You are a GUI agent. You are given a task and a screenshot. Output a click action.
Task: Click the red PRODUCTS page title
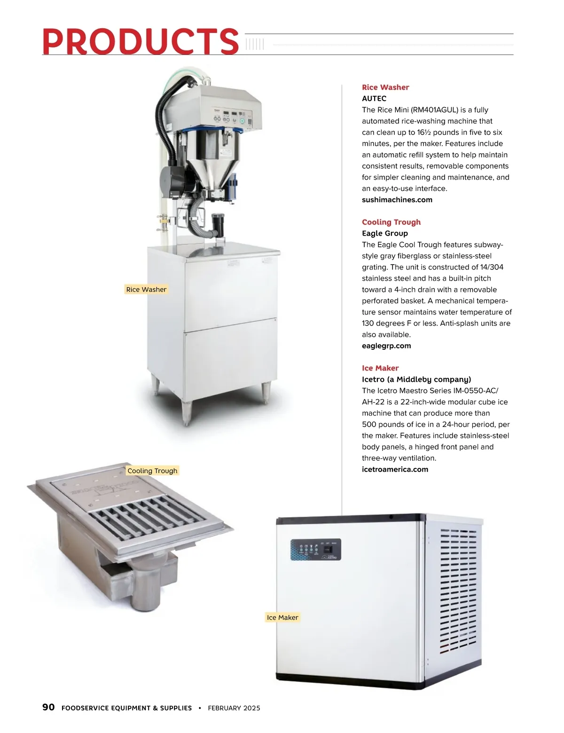140,41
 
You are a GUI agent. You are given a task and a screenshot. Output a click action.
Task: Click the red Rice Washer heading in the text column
385,87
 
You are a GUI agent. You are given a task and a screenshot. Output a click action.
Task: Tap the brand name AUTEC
374,98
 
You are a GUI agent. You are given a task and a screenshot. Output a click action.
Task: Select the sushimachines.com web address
397,200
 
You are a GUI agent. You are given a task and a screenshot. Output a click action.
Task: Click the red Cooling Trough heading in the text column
391,222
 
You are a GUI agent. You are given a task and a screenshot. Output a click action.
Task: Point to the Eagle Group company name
384,233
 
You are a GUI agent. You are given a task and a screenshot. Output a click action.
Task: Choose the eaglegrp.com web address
386,346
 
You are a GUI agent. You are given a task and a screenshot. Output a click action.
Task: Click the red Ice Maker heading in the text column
380,368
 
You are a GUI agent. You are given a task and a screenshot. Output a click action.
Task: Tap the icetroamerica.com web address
395,469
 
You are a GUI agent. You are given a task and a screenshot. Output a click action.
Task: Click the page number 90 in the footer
48,707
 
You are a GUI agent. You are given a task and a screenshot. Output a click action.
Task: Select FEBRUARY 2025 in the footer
234,708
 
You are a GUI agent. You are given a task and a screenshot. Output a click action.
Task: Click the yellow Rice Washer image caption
146,290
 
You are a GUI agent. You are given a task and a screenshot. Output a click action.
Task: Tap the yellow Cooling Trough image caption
152,471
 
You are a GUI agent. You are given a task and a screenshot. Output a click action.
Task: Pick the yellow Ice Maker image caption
282,617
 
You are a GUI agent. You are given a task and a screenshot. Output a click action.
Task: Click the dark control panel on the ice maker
315,550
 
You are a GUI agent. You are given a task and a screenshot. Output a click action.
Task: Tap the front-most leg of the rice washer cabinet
187,413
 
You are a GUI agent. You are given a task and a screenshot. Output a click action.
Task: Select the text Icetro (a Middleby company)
416,379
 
